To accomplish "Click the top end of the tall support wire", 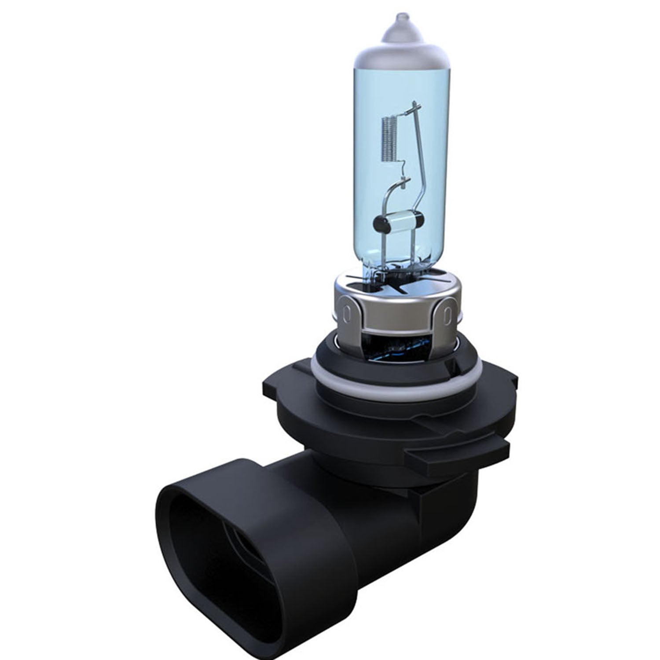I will pyautogui.click(x=414, y=106).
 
